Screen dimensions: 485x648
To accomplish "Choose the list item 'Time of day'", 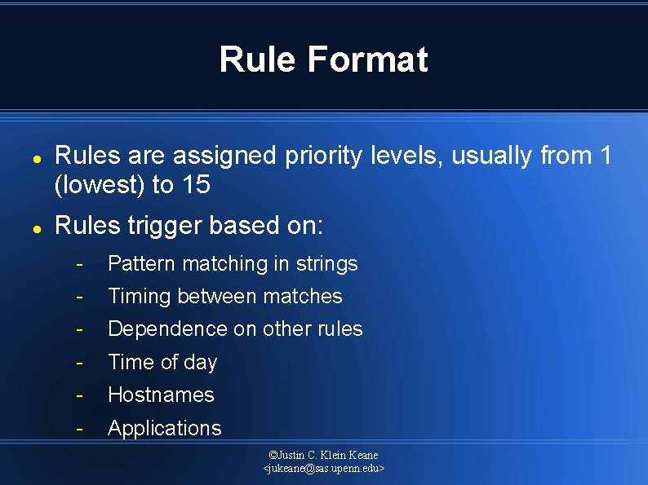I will pyautogui.click(x=162, y=362).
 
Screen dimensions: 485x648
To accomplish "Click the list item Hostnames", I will pyautogui.click(x=161, y=395).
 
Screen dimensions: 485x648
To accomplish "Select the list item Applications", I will pyautogui.click(x=164, y=428).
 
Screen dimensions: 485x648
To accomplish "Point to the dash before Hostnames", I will pyautogui.click(x=80, y=395).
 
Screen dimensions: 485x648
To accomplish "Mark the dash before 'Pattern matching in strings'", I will pyautogui.click(x=80, y=263).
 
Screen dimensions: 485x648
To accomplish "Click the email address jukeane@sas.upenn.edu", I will pyautogui.click(x=324, y=469).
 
